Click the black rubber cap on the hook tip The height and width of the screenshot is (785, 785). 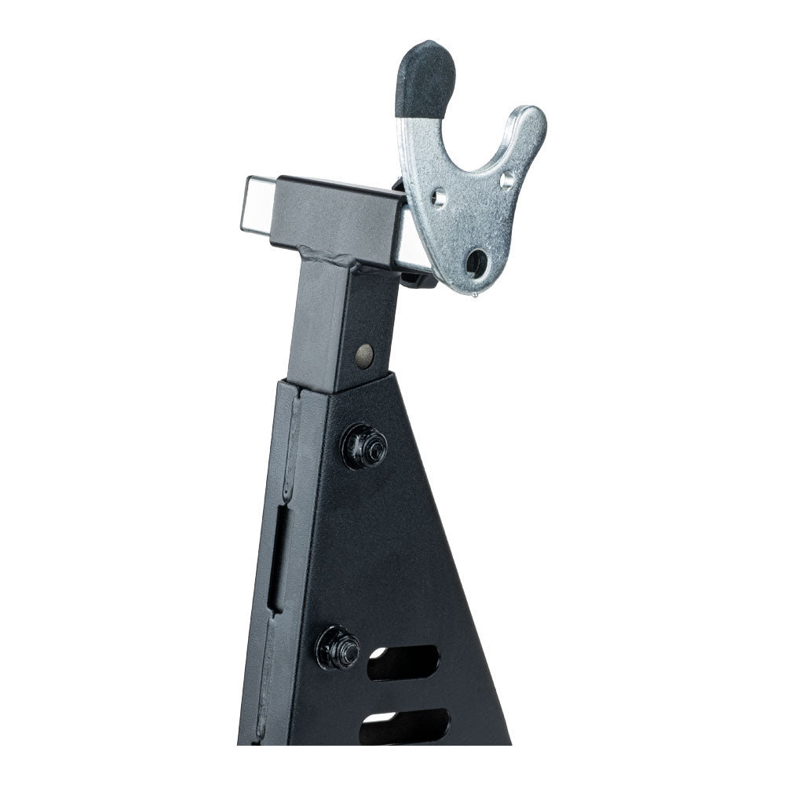(425, 77)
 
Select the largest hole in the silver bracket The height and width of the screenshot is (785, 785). (476, 263)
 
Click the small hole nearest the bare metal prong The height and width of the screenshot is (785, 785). (506, 181)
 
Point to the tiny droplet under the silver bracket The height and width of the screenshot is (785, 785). (475, 296)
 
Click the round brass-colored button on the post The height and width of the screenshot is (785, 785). (365, 356)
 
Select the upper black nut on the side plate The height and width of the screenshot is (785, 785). (364, 447)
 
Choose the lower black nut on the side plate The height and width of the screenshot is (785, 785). (338, 648)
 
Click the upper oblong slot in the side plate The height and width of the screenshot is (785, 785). (403, 663)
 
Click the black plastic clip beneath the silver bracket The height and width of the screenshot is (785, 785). (420, 275)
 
